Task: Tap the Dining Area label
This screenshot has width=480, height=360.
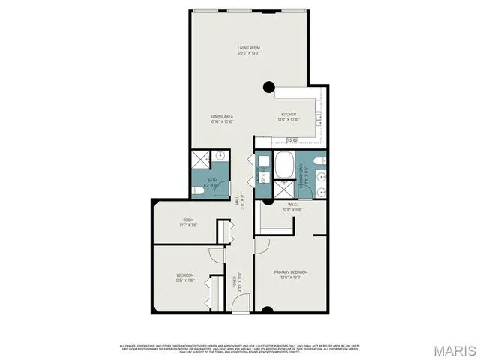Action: coord(221,119)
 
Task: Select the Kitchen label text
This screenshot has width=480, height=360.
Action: coord(289,117)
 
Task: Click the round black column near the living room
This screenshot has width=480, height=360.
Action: coord(268,88)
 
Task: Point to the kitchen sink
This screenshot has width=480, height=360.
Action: coord(292,140)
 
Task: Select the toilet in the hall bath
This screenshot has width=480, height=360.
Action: coord(203,192)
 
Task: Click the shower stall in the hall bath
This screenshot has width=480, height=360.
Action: coord(199,160)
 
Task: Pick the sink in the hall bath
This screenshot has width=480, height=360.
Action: coord(220,157)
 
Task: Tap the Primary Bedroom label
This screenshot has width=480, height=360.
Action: coord(291,274)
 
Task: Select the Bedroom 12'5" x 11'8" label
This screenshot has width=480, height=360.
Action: coord(185,278)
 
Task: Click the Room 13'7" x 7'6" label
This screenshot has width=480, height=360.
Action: coord(187,223)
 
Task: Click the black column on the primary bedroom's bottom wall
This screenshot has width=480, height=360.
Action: coord(268,310)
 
